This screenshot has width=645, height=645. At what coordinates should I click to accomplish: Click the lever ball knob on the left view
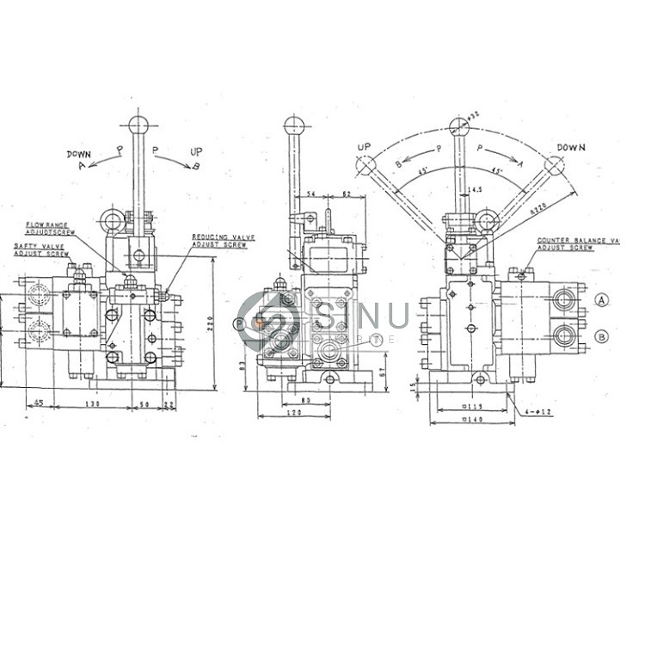[136, 122]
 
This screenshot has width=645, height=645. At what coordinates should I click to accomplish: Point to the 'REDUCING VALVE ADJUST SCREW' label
[218, 240]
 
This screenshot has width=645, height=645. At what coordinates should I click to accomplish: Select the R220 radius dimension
[538, 207]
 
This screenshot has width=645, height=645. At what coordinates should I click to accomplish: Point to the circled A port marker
[602, 299]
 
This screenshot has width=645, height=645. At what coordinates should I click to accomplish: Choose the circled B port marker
[602, 336]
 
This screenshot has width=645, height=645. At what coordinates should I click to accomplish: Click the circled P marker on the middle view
[238, 324]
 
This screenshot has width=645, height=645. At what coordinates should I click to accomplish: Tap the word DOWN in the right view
[570, 147]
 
